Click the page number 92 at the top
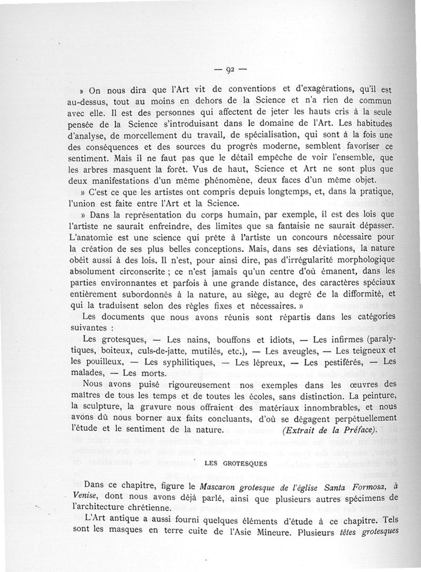[230, 68]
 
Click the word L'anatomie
[89, 238]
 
